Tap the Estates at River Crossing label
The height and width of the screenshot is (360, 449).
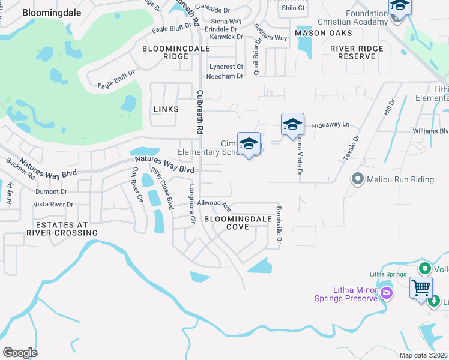pos(62,229)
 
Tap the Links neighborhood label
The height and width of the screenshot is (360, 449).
pos(166,109)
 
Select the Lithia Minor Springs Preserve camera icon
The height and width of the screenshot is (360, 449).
pos(386,293)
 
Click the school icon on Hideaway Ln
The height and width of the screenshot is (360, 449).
pos(292,124)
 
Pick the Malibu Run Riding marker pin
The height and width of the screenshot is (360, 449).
pos(358,178)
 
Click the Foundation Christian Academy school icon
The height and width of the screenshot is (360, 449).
pos(399,8)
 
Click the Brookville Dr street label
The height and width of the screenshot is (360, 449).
pos(279,224)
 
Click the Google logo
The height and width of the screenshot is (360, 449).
pos(20,352)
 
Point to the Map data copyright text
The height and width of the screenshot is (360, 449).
pos(423,355)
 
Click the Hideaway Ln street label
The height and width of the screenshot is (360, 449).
pos(331,125)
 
